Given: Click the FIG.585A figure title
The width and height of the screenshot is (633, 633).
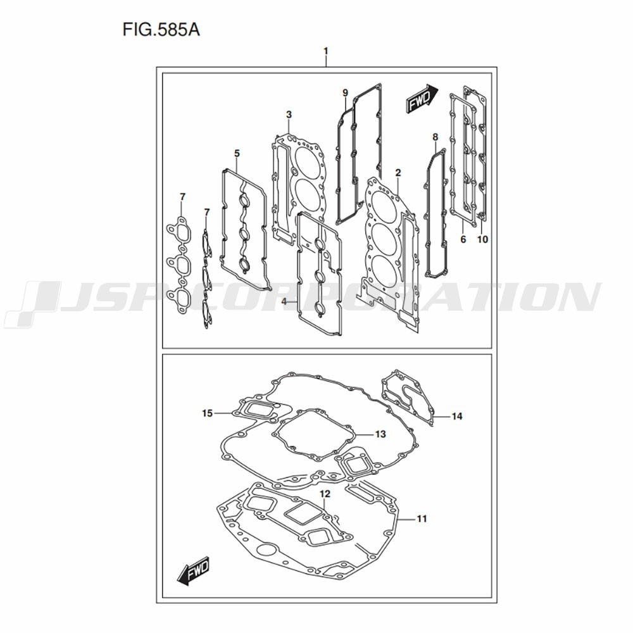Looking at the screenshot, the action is (x=161, y=30).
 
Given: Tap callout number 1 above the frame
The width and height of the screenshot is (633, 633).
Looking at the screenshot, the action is (x=326, y=51).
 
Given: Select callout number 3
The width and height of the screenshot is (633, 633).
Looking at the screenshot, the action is (x=289, y=115).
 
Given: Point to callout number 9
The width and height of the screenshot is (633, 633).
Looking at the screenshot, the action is (x=345, y=93).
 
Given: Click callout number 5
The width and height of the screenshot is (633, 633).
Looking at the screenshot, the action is (x=237, y=153).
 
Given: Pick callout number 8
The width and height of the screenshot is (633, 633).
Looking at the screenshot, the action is (x=436, y=137).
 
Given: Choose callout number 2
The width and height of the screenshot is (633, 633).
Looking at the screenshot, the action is (x=398, y=173).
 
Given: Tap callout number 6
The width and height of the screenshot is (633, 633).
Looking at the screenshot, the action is (x=463, y=239).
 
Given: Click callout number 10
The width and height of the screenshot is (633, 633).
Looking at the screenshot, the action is (x=482, y=239).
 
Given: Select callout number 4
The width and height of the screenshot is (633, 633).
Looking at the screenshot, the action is (x=284, y=301).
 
